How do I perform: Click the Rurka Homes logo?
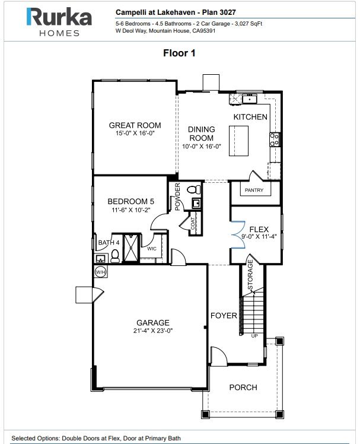point(59,22)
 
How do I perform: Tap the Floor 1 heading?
point(179,53)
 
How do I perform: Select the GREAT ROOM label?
point(135,125)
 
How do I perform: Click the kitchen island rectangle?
point(238,141)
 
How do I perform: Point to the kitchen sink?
point(249,99)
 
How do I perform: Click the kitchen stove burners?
point(274,139)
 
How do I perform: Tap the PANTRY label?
point(254,190)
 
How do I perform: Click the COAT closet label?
point(193,223)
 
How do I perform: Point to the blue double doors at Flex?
point(238,235)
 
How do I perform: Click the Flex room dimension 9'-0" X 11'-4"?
point(259,236)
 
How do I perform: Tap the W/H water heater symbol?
point(101,272)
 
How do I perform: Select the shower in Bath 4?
point(131,248)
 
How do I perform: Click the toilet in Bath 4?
point(115,256)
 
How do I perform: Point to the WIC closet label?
point(152,249)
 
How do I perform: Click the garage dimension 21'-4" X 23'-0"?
point(153,331)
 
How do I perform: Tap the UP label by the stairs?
point(254,336)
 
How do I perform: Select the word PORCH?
point(243,387)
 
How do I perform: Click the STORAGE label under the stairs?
point(250,275)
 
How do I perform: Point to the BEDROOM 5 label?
point(130,201)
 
